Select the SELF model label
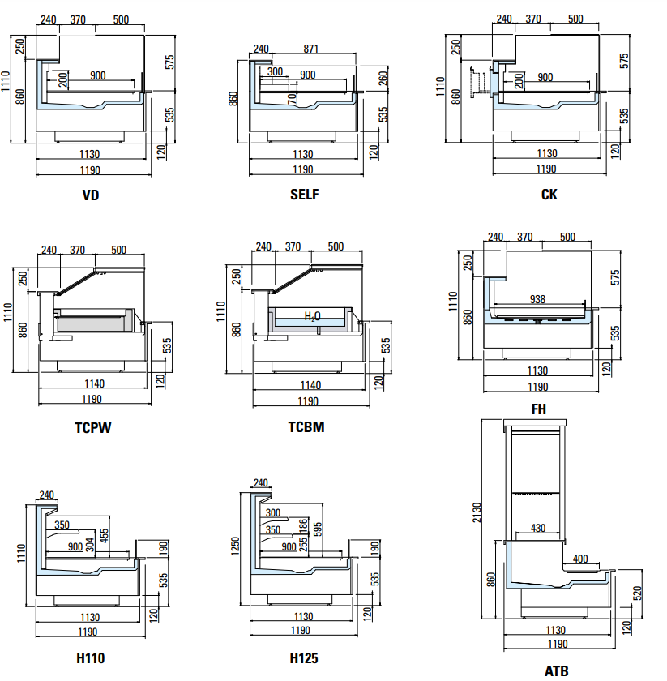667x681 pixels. click(x=305, y=195)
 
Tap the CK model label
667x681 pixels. click(x=549, y=195)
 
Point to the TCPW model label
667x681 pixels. click(x=92, y=427)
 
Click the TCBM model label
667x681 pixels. click(x=306, y=427)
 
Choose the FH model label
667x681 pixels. click(x=538, y=409)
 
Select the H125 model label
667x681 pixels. click(x=304, y=657)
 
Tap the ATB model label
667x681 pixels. click(x=556, y=670)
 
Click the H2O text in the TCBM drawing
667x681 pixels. click(x=313, y=316)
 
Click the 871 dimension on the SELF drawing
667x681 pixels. click(x=310, y=49)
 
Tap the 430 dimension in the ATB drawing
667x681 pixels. click(x=538, y=528)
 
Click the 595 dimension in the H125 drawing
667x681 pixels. click(x=317, y=529)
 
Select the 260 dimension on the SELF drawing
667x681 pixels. click(x=383, y=79)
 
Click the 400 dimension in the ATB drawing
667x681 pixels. click(x=580, y=559)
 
